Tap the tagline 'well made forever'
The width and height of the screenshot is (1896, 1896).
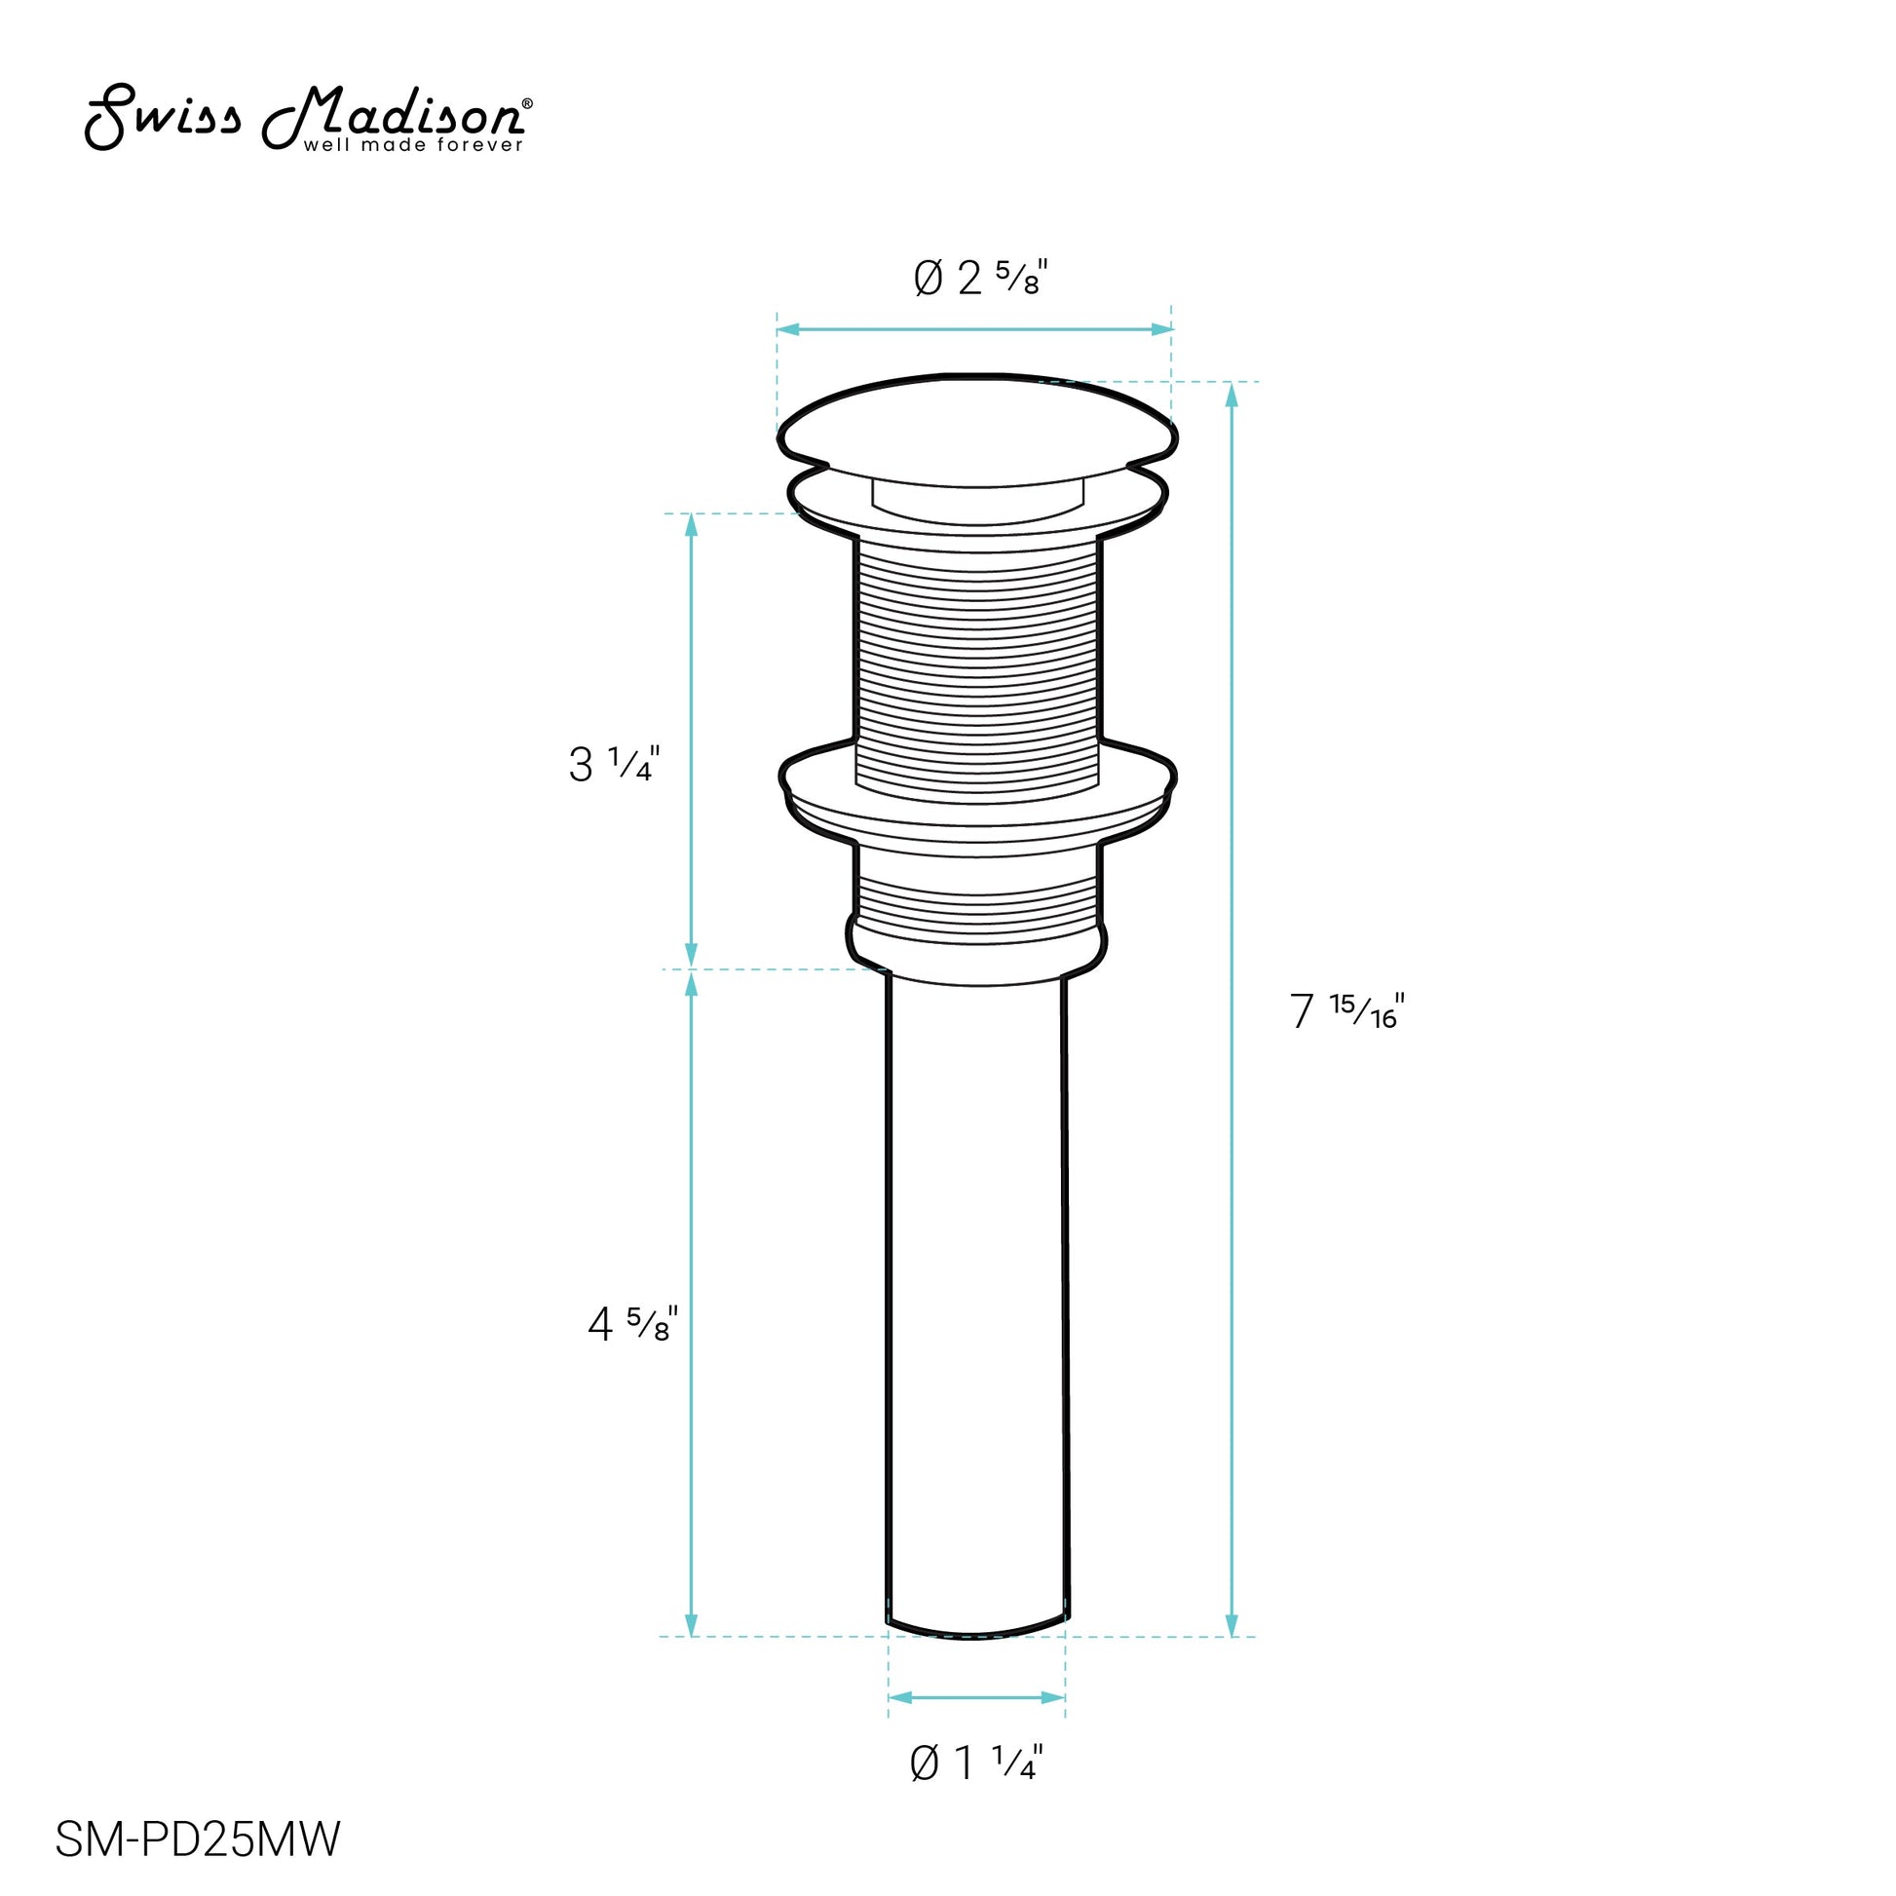pyautogui.click(x=413, y=145)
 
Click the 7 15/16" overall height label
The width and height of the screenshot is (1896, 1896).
pyautogui.click(x=1347, y=1009)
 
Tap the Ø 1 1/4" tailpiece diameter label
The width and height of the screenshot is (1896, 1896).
pyautogui.click(x=976, y=1790)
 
